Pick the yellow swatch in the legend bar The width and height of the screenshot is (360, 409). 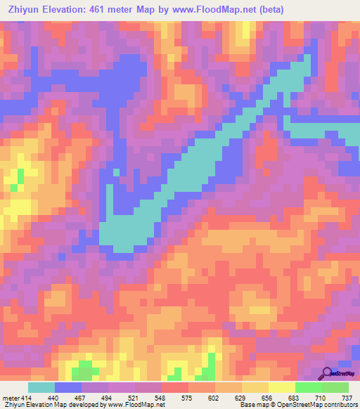click(282, 388)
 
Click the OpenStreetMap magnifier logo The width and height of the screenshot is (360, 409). click(327, 373)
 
